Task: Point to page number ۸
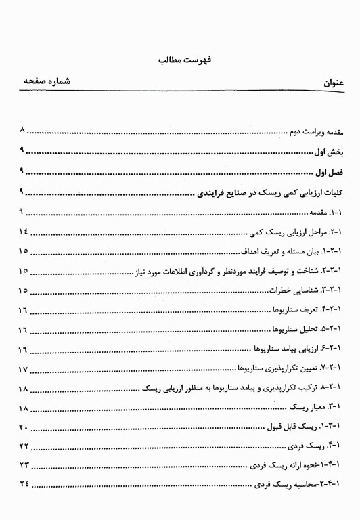[23, 129]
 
